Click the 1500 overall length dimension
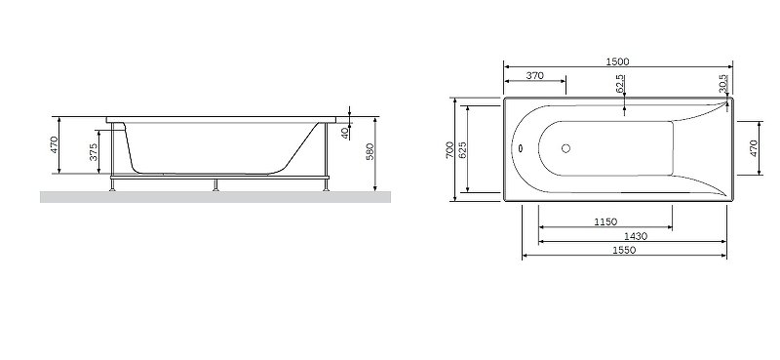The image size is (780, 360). (x=616, y=61)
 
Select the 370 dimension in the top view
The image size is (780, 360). (x=534, y=75)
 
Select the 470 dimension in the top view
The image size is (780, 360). (x=753, y=148)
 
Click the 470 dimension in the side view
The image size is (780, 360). (x=56, y=145)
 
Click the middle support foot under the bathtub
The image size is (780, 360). (x=215, y=184)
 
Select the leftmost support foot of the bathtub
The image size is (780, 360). (x=116, y=184)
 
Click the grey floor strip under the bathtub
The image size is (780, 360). (x=214, y=197)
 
